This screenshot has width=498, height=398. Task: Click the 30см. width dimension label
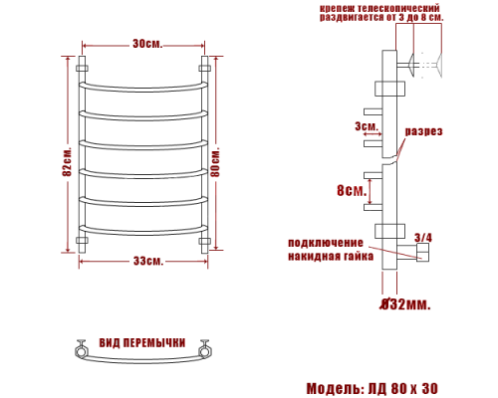click(144, 44)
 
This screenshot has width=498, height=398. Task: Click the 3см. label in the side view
click(366, 126)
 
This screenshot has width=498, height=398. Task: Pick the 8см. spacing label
click(351, 190)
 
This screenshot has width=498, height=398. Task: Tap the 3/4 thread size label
click(423, 237)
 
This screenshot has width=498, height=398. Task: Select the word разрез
click(423, 131)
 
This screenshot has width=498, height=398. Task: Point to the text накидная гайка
click(332, 256)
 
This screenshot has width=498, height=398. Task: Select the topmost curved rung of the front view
click(144, 85)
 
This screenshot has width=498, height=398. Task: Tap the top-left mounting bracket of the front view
click(83, 69)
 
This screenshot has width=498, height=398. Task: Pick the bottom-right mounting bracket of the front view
click(206, 242)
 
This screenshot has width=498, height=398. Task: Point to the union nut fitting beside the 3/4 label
click(421, 254)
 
